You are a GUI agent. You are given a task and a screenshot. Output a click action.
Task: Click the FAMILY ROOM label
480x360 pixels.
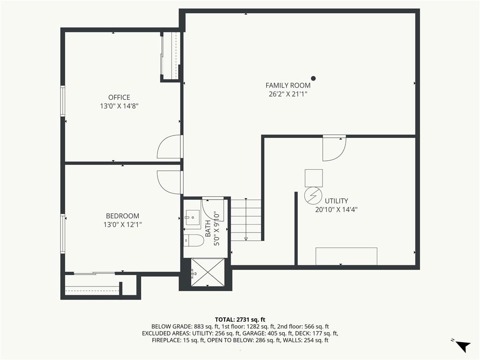click(288, 85)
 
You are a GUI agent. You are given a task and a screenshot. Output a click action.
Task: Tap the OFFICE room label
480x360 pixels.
click(119, 97)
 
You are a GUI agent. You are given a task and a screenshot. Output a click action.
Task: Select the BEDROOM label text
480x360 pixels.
click(122, 216)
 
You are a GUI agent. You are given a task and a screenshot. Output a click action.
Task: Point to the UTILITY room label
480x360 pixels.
click(336, 201)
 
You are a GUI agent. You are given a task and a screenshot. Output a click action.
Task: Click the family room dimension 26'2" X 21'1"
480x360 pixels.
click(288, 94)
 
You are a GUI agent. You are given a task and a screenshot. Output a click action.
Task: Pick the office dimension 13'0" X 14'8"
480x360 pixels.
click(119, 106)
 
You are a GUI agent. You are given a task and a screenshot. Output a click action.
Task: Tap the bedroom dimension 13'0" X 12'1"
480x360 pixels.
click(122, 225)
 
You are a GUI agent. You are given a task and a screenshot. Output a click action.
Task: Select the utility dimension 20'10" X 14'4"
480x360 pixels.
click(336, 210)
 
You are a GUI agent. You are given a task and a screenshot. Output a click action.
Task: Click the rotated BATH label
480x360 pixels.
click(208, 228)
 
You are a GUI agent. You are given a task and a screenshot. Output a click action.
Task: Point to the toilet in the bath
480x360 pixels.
click(194, 240)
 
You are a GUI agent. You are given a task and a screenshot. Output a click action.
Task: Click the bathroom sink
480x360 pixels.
click(193, 217)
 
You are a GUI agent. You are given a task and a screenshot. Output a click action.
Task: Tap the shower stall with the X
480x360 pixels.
click(208, 272)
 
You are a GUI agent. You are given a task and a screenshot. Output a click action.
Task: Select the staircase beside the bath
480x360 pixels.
click(246, 220)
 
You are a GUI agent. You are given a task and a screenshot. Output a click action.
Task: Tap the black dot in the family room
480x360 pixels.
click(313, 78)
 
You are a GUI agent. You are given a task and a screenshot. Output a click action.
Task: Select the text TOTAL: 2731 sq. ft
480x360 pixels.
click(240, 320)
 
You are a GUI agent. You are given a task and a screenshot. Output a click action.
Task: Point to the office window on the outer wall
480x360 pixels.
click(63, 101)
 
